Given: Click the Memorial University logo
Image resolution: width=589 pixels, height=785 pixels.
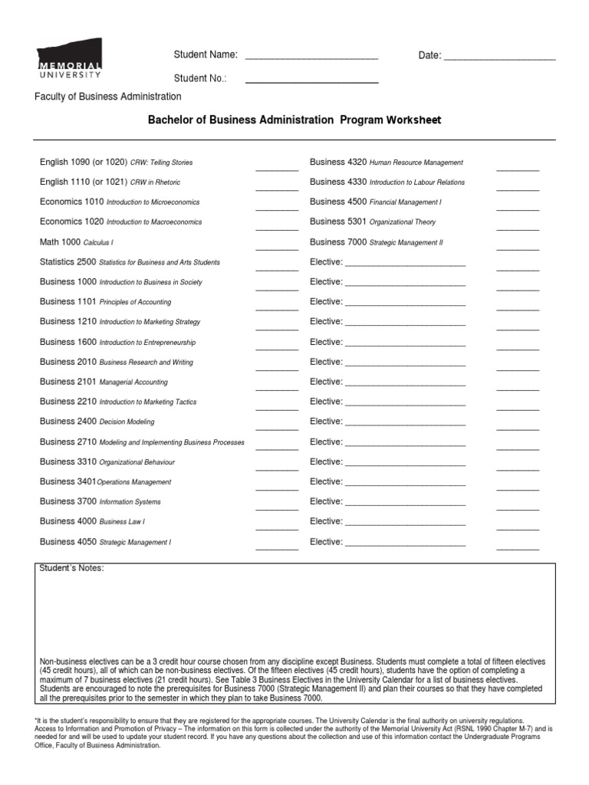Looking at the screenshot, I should click(69, 59).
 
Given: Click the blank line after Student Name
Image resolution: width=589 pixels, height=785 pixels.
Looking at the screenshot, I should click(311, 57).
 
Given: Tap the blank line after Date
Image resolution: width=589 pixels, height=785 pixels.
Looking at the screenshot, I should click(499, 57).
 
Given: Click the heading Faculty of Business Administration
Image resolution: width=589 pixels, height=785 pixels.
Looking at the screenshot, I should click(108, 97).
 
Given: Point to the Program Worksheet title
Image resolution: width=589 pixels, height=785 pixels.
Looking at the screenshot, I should click(294, 120).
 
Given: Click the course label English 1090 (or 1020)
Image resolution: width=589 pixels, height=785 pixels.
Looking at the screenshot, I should click(83, 162).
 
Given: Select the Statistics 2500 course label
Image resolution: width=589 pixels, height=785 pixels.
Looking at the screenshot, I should click(68, 262).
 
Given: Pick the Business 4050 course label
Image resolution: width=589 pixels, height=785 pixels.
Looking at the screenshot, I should click(68, 541).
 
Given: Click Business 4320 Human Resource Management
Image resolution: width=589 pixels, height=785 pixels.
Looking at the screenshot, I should click(386, 162).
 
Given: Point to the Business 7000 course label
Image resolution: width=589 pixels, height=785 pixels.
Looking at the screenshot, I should click(338, 242).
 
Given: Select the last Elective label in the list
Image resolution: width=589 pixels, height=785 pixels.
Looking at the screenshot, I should click(326, 541).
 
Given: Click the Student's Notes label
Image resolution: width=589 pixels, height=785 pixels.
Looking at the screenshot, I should click(71, 568).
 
